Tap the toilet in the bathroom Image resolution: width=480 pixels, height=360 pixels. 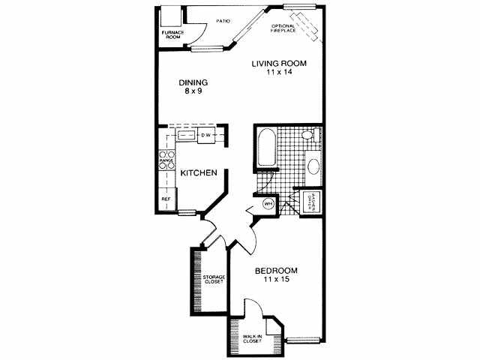coord(307,136)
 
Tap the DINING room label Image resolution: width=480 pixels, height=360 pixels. coord(193,82)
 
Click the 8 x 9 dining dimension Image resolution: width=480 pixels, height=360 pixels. coord(193,91)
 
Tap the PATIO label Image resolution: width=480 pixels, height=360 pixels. coord(223,21)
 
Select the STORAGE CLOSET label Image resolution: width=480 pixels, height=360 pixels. coord(214,280)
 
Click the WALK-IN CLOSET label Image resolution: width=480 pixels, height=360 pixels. coord(252,339)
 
